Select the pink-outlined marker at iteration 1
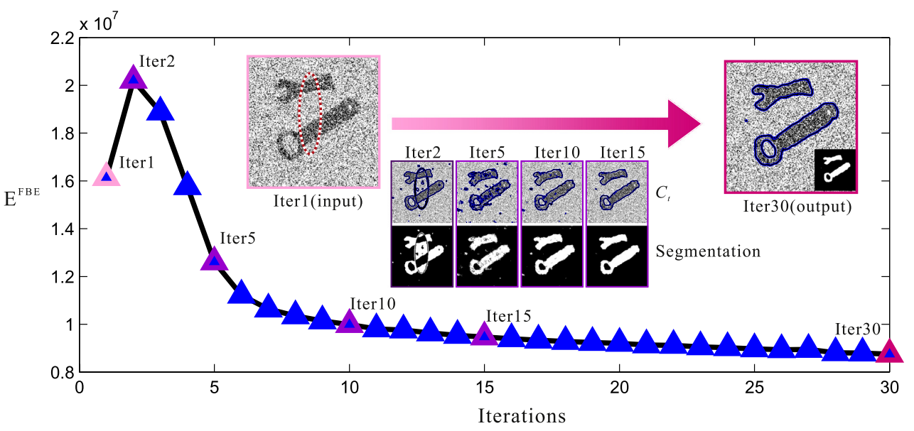coord(107,175)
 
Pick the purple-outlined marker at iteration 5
coord(214,260)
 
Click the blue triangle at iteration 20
coord(620,340)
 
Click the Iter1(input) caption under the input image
coord(313,201)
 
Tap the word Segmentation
coord(708,251)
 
